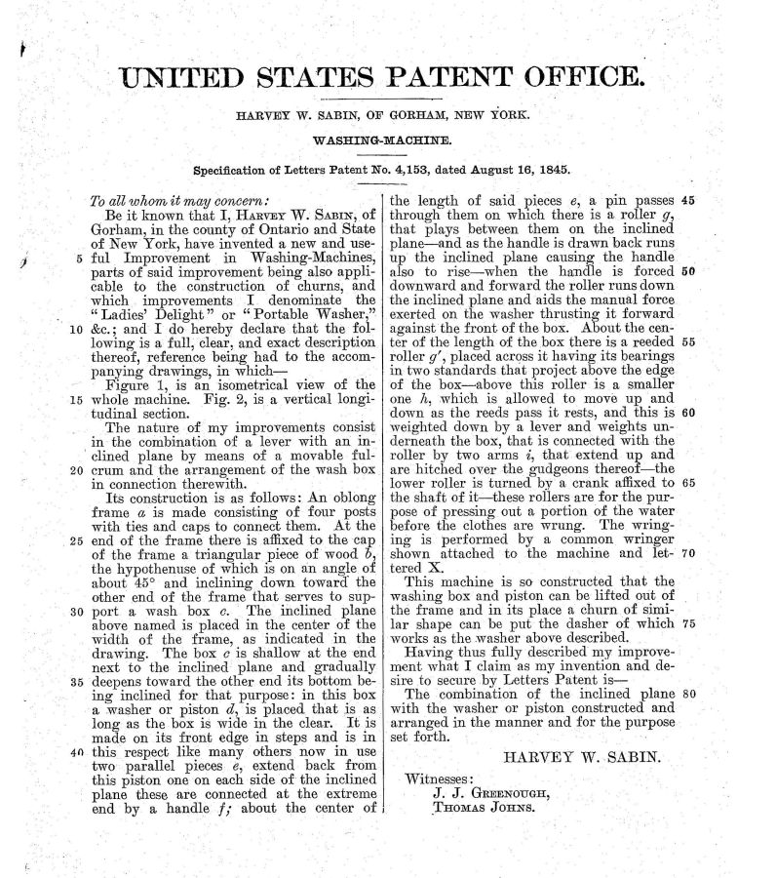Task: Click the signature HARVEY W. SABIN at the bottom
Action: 580,756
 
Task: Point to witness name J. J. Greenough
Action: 489,794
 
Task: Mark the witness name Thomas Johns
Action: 484,809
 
